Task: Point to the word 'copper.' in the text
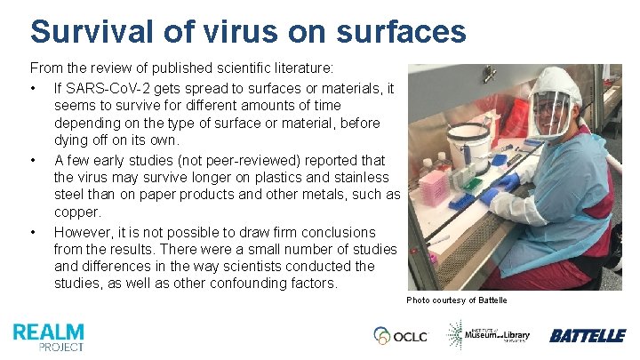(78, 212)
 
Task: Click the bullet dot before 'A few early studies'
(33, 160)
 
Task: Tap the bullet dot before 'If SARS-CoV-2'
(33, 88)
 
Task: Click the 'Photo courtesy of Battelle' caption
(457, 300)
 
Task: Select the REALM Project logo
(49, 335)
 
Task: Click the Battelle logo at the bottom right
(587, 335)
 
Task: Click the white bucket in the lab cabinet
(468, 147)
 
